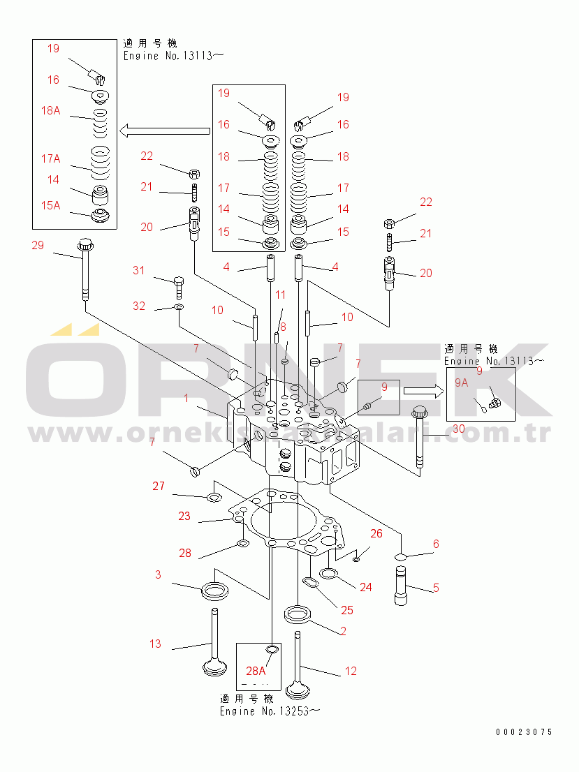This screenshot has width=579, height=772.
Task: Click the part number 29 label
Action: click(38, 244)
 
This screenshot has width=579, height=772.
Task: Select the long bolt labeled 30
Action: click(419, 440)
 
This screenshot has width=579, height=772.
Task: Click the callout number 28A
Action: click(256, 671)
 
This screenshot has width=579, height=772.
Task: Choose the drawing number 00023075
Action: click(524, 732)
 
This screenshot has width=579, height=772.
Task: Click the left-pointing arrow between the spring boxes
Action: click(165, 130)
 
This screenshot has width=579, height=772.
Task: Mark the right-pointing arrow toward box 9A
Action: click(423, 392)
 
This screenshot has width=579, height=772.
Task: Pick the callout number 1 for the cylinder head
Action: click(186, 398)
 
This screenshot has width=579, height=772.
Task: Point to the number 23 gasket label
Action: click(184, 517)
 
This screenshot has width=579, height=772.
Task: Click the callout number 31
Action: click(139, 270)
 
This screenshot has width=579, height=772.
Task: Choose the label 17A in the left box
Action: click(50, 158)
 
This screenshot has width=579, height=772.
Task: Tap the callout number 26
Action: click(376, 534)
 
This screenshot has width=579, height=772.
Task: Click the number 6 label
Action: click(435, 544)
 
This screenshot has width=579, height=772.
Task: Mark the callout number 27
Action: click(159, 487)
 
